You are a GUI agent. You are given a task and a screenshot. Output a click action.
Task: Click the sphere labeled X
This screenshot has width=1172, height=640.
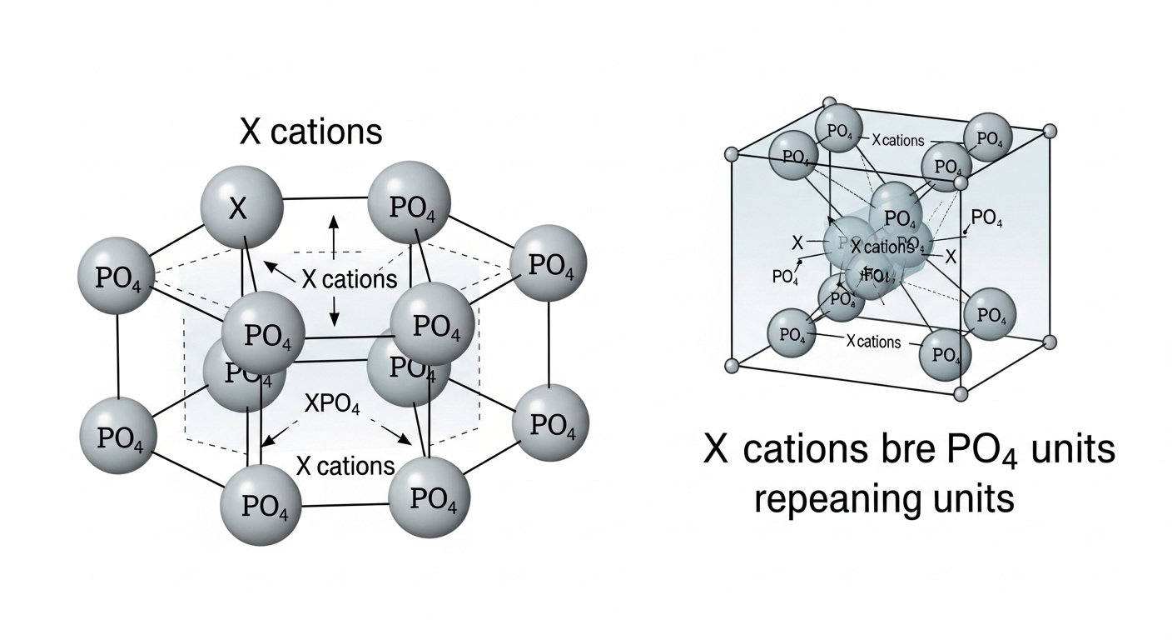tap(238, 207)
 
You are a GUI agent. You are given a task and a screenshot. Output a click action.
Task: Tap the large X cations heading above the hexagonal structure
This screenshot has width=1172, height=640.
tap(310, 132)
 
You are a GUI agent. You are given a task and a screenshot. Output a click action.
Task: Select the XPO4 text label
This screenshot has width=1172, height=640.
tap(332, 406)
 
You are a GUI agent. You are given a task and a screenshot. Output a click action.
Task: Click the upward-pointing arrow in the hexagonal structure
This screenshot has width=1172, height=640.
tap(334, 235)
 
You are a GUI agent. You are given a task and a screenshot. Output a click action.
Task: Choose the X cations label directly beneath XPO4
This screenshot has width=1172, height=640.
tap(345, 466)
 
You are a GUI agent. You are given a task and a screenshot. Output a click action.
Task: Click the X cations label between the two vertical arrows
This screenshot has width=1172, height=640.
tap(349, 279)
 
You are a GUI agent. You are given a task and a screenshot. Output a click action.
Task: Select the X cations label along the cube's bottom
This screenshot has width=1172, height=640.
tap(872, 342)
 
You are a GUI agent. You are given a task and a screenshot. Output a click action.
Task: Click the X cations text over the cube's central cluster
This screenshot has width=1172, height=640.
tap(881, 247)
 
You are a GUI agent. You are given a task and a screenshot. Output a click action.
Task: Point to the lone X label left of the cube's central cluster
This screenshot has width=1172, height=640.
tap(797, 243)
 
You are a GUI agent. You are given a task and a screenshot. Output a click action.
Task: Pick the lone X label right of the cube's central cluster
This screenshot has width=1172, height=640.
tap(951, 256)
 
